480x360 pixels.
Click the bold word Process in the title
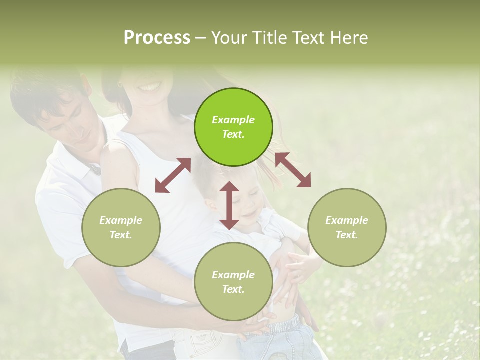tap(157, 37)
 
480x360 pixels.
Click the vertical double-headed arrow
tap(229, 205)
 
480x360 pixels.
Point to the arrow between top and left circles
tap(173, 175)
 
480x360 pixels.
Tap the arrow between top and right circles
tap(293, 170)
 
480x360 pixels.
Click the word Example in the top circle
tap(233, 120)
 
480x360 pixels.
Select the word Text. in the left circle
tap(121, 235)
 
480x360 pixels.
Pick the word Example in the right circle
tap(347, 220)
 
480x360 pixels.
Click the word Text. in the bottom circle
tap(233, 289)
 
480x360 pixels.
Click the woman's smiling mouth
tap(150, 88)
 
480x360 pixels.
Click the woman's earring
tap(120, 85)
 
